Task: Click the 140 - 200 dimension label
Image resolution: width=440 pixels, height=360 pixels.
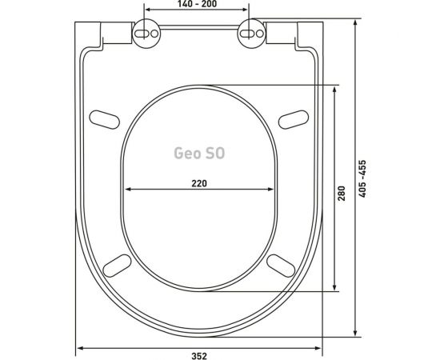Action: point(197,4)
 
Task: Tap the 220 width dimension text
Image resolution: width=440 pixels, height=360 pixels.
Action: point(199,183)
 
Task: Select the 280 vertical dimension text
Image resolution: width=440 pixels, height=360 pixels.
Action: point(342,193)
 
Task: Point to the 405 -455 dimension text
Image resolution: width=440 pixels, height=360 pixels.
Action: point(362,178)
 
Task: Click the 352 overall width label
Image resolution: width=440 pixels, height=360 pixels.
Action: point(199,356)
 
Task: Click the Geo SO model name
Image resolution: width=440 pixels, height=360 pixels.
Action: point(199,154)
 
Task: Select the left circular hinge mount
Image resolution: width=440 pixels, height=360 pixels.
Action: point(146,34)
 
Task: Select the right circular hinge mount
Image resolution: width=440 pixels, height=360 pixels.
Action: point(251,34)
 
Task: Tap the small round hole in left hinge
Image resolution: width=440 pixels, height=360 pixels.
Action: point(154,34)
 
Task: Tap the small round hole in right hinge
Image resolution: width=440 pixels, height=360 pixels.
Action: point(260,34)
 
